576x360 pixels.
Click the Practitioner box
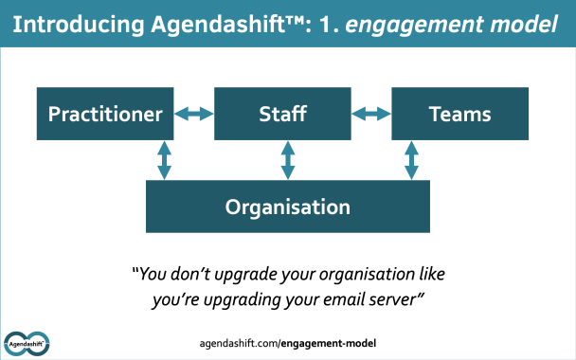pyautogui.click(x=105, y=116)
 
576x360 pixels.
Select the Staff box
pyautogui.click(x=282, y=116)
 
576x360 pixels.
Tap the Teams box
pyautogui.click(x=459, y=116)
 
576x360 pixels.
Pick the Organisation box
pyautogui.click(x=287, y=207)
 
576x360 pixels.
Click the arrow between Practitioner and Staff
pyautogui.click(x=194, y=115)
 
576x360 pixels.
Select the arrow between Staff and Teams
pyautogui.click(x=371, y=115)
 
